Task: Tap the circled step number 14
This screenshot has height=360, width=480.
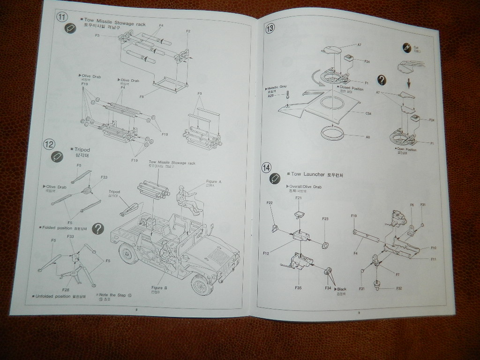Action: (266, 167)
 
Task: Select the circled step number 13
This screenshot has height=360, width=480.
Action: (270, 28)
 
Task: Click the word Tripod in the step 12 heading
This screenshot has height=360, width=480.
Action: (82, 150)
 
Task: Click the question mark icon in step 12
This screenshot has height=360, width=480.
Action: (98, 228)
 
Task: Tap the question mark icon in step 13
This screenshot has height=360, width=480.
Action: (382, 80)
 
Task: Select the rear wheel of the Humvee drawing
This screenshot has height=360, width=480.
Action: (126, 254)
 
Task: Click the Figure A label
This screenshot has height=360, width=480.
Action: (213, 181)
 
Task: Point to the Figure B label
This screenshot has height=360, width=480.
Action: (160, 287)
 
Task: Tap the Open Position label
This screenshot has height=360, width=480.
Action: (406, 150)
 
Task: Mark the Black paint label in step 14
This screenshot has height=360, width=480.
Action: (341, 289)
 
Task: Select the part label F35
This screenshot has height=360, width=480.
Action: (298, 287)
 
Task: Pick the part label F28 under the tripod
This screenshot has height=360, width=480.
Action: (66, 290)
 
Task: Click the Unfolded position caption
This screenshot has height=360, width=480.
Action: (53, 296)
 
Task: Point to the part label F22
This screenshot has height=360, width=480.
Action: (270, 202)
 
